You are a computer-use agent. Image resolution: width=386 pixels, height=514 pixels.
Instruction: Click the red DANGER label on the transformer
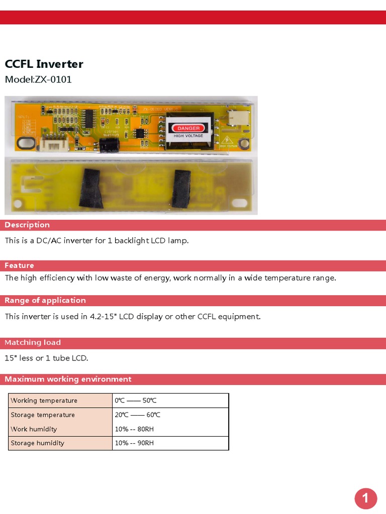(188, 128)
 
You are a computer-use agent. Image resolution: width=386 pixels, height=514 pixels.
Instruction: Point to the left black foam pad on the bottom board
(91, 186)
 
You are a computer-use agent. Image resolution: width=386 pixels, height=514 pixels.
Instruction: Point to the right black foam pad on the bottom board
(181, 188)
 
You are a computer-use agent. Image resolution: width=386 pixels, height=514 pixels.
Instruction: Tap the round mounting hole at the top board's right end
(244, 146)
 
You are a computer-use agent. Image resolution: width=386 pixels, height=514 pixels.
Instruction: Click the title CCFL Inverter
(44, 64)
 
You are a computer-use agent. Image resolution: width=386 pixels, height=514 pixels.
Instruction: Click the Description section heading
(27, 225)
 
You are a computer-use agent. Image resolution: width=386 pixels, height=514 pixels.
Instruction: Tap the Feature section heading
(19, 266)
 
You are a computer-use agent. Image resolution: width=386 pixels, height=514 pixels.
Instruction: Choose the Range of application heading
(45, 300)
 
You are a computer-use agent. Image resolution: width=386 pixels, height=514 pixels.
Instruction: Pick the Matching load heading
(33, 342)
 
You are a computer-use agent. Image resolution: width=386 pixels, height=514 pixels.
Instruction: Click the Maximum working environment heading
(68, 379)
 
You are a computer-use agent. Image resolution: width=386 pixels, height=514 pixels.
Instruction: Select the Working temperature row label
(44, 401)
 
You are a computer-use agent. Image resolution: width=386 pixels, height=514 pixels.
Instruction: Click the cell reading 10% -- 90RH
(134, 443)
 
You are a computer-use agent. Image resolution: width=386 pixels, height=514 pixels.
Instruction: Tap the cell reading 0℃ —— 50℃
(136, 401)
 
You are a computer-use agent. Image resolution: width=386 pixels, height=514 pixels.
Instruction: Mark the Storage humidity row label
(38, 443)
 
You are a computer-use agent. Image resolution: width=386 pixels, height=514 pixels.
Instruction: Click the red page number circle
(365, 498)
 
